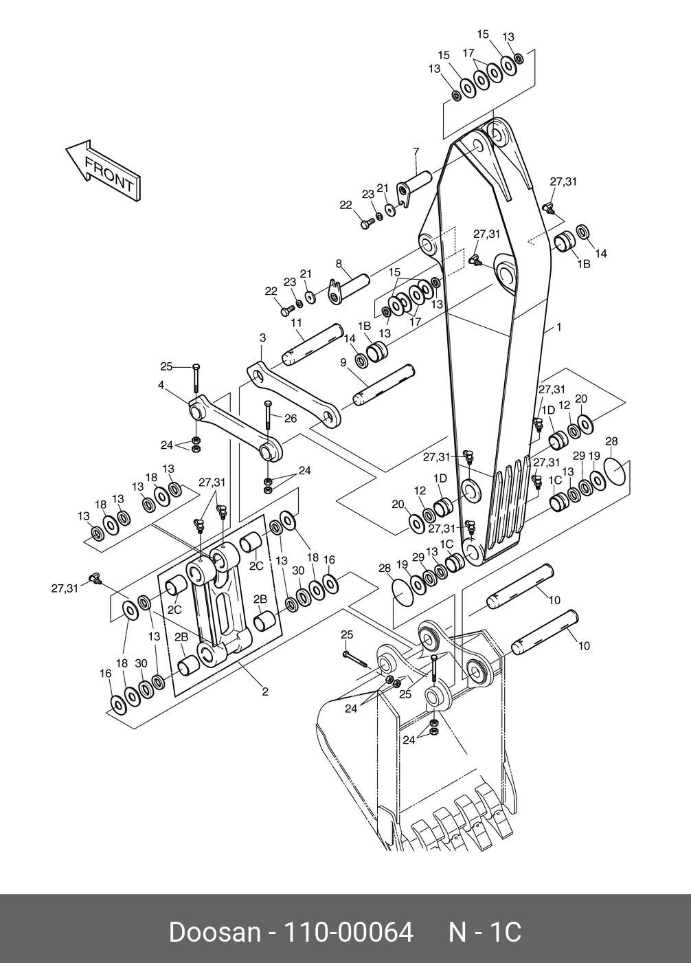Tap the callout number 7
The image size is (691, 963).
point(416,151)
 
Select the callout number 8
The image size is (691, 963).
point(339,263)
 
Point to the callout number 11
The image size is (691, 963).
point(296,322)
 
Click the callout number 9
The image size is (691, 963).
point(343,362)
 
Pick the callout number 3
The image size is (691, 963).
point(262,337)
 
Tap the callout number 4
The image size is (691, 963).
point(161,386)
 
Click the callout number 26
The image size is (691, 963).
point(291,418)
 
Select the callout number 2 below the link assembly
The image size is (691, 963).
point(265,691)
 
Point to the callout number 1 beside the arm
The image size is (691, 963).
point(559,327)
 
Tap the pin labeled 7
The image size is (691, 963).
point(419,181)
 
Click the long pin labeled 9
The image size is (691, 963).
point(385,386)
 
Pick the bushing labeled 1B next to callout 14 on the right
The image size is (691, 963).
point(565,243)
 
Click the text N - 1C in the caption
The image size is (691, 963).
point(485,932)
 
